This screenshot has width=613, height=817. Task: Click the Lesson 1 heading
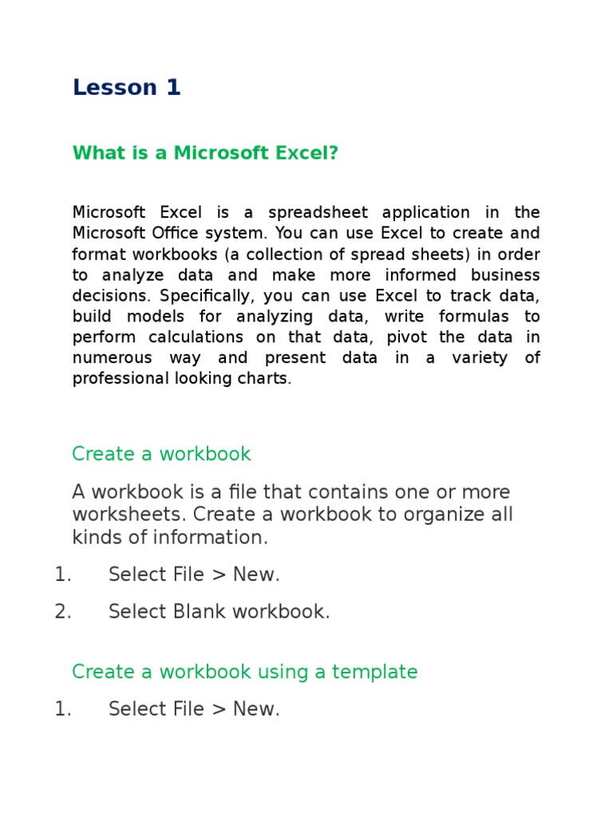126,88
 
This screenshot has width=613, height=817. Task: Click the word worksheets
128,515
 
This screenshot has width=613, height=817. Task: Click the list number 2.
63,612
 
